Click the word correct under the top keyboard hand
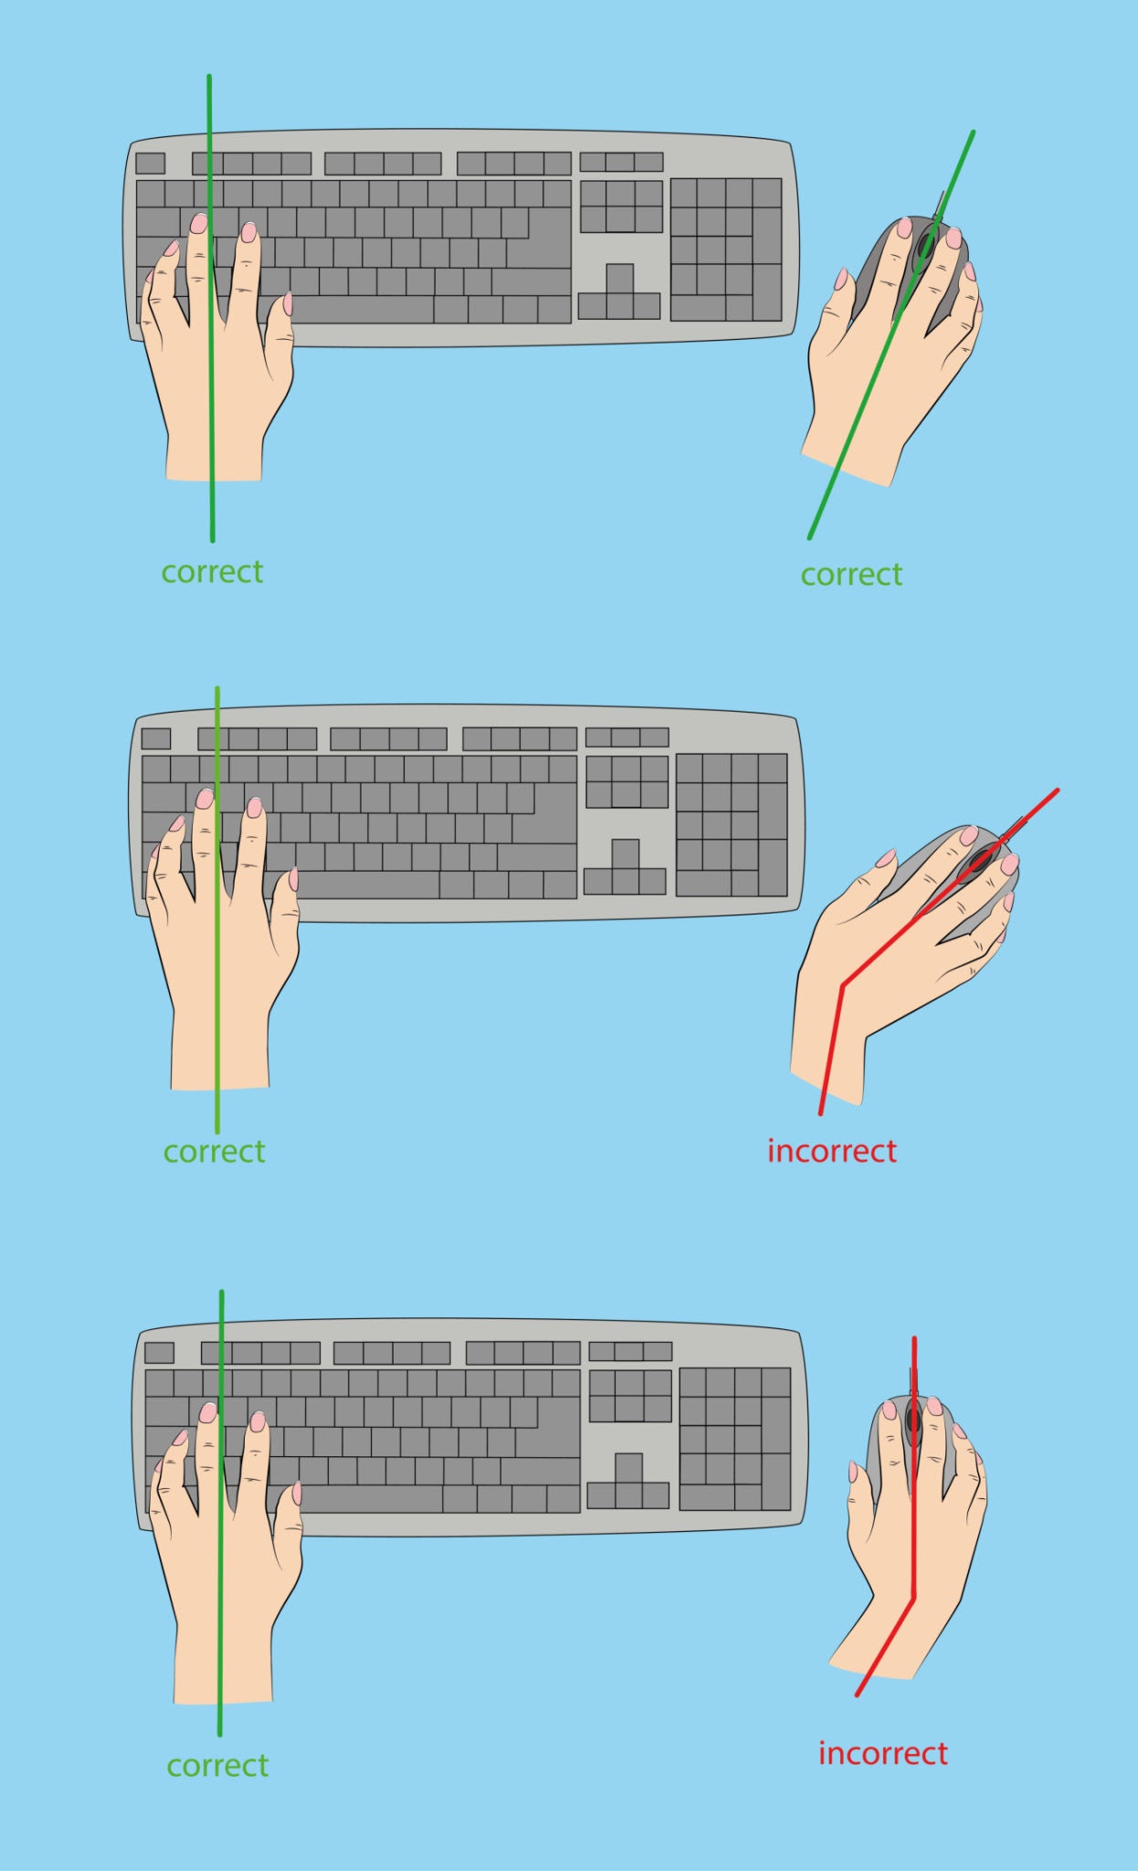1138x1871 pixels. click(212, 572)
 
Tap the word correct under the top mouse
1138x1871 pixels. click(851, 575)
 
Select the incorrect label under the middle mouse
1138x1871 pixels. click(832, 1151)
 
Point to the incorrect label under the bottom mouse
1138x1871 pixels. click(883, 1753)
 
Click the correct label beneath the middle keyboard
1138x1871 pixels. click(215, 1151)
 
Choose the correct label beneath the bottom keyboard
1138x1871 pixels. click(217, 1765)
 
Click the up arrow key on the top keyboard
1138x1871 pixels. click(619, 279)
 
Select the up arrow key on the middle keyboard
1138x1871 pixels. click(626, 853)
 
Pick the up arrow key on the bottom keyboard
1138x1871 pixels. click(628, 1467)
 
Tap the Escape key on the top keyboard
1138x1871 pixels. click(151, 164)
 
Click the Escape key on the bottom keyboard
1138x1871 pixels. click(160, 1352)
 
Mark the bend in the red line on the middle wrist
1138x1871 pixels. click(843, 985)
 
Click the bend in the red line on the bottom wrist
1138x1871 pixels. click(913, 1598)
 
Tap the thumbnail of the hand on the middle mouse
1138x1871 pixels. click(885, 858)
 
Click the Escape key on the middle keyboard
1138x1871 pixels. click(156, 738)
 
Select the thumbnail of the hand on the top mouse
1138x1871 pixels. click(841, 279)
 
